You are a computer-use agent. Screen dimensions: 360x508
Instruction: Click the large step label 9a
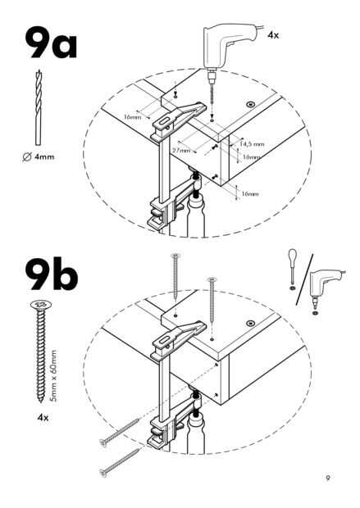[51, 43]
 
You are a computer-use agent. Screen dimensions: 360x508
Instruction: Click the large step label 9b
[52, 274]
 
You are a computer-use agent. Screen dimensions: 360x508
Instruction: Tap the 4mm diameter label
[39, 157]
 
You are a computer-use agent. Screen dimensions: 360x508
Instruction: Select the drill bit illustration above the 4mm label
[39, 107]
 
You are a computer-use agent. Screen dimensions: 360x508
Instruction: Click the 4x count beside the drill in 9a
[273, 35]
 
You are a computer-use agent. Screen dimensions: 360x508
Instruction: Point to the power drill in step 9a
[228, 45]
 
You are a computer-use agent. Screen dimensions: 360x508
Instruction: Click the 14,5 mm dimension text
[252, 144]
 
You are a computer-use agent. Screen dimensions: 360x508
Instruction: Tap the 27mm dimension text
[181, 150]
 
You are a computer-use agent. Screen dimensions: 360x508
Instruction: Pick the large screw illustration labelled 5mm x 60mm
[41, 352]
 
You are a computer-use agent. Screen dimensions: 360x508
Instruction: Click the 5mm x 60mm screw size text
[54, 376]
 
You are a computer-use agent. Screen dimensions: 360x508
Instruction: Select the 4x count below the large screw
[43, 418]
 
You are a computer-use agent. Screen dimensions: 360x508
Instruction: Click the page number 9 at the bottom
[328, 477]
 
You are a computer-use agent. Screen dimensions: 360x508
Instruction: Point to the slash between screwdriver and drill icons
[304, 280]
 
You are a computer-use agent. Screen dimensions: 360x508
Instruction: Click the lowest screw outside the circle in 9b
[121, 462]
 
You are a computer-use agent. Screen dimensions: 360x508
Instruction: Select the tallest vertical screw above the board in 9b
[175, 275]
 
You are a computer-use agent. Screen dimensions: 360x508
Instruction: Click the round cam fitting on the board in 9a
[250, 104]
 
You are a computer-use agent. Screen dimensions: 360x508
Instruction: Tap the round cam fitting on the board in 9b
[250, 324]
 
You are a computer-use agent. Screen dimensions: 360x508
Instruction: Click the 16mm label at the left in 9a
[133, 116]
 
